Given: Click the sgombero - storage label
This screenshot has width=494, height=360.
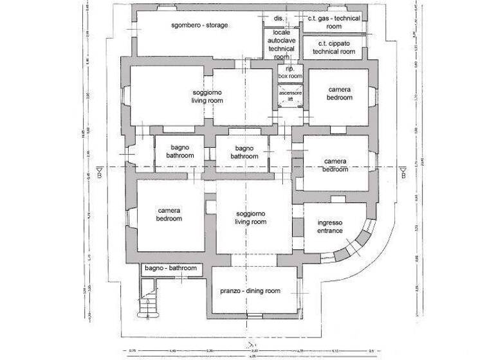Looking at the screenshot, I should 200,25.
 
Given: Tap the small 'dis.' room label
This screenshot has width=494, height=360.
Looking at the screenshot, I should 279,18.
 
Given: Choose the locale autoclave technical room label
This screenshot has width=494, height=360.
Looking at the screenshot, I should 280,44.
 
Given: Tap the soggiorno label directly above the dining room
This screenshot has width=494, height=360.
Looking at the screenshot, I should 250,217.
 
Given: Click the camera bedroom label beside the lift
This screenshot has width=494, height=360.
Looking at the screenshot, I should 340,94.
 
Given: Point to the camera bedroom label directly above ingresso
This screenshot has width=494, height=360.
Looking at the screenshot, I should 335,165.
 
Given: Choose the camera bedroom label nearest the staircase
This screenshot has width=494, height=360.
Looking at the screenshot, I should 169,214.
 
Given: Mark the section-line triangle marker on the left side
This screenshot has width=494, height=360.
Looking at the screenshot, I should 99,172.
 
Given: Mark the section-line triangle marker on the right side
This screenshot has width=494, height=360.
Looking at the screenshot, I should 402,172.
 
